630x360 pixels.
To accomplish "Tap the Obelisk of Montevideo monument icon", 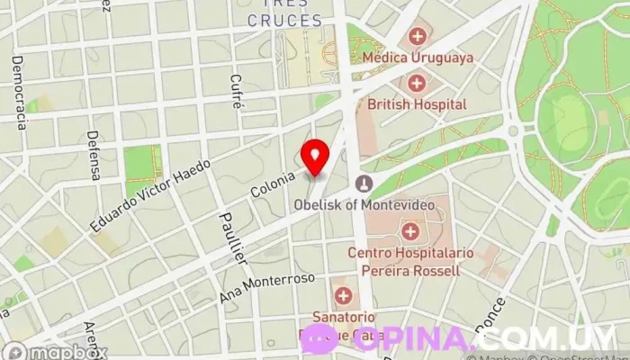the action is click(x=364, y=184).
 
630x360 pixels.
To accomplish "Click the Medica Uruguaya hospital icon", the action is click(x=417, y=37).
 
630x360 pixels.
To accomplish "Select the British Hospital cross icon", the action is click(x=417, y=84).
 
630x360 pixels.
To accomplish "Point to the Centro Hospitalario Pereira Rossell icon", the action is click(x=410, y=231).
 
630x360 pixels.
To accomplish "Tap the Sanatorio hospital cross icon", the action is click(x=343, y=295).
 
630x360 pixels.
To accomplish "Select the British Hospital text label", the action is click(x=417, y=104).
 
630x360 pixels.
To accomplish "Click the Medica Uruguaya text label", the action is click(x=417, y=58).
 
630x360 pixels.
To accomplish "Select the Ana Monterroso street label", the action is click(x=267, y=287).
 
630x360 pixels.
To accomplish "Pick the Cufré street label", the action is click(x=238, y=91).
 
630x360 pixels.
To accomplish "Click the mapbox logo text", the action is click(x=67, y=352).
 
